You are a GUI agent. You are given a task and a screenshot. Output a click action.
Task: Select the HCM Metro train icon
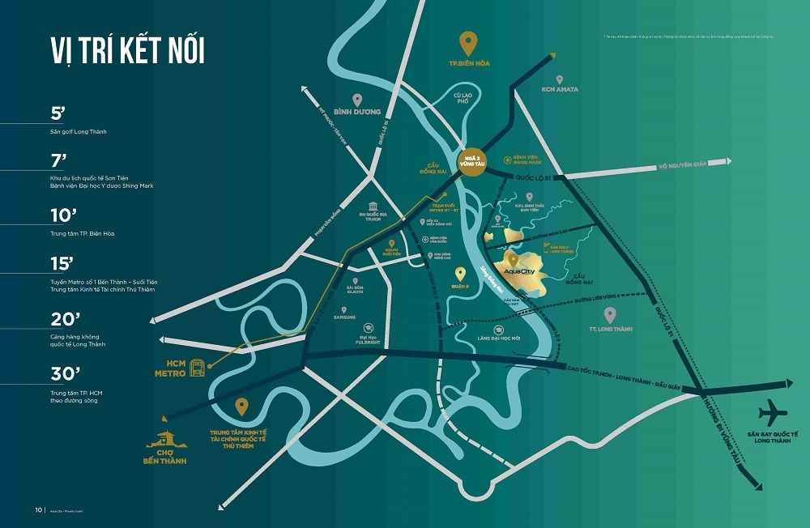click(196, 368)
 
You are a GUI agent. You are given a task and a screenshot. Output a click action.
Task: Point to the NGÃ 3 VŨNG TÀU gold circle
click(470, 159)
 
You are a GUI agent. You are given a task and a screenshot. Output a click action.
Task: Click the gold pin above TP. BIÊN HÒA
click(469, 41)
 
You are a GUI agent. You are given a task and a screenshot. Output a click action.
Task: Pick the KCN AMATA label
click(561, 89)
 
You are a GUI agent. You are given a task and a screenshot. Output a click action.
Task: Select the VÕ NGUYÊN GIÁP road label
click(684, 164)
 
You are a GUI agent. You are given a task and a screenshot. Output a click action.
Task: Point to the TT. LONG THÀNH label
click(610, 329)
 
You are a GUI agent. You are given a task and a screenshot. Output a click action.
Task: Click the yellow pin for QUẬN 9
click(461, 275)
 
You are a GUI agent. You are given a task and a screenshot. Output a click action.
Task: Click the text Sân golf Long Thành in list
click(78, 131)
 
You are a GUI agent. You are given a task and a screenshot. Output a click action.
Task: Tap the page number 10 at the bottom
click(38, 510)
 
